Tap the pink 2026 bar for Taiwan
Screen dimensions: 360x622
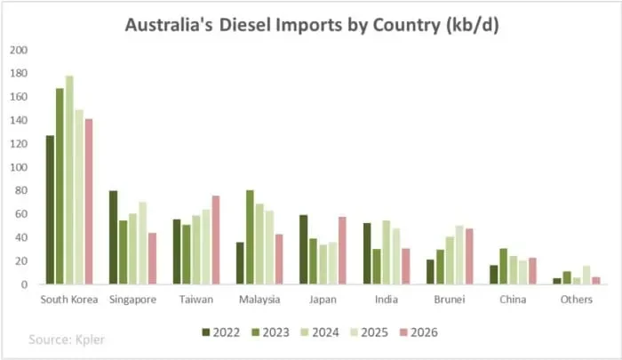pyautogui.click(x=216, y=240)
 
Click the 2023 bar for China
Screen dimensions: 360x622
pyautogui.click(x=503, y=267)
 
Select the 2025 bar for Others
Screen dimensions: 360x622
pyautogui.click(x=586, y=275)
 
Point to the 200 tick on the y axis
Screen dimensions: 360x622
pyautogui.click(x=19, y=50)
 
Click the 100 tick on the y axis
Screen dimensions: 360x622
pyautogui.click(x=19, y=167)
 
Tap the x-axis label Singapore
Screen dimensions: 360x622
pyautogui.click(x=132, y=300)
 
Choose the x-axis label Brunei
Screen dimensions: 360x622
pyautogui.click(x=448, y=300)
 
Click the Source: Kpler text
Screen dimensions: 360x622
pyautogui.click(x=67, y=339)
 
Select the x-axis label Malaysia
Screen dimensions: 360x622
pyautogui.click(x=259, y=300)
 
